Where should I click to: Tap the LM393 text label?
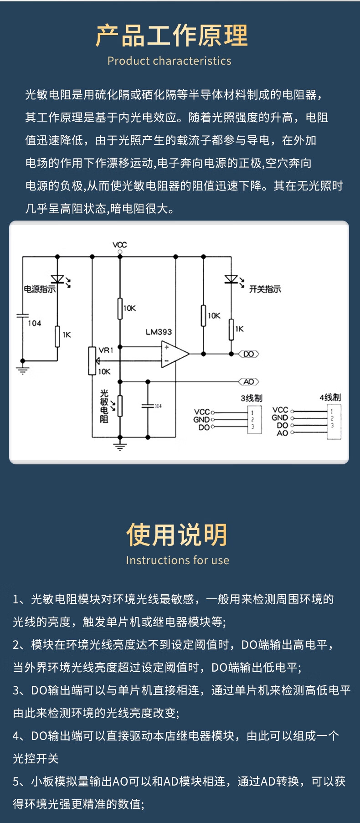(x=159, y=332)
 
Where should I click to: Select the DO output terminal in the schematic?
(x=248, y=354)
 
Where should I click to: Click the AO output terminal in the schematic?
(x=248, y=382)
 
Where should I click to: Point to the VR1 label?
(x=106, y=350)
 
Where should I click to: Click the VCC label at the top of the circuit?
(x=120, y=245)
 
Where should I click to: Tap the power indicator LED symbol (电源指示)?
(x=58, y=279)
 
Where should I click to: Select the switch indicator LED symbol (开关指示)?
(x=231, y=279)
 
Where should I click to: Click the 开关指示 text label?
(x=265, y=289)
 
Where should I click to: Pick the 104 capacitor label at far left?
(x=34, y=323)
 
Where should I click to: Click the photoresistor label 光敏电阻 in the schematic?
(x=104, y=406)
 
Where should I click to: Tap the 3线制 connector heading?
(x=252, y=398)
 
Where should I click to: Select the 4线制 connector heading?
(x=330, y=397)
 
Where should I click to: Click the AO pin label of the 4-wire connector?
(x=282, y=433)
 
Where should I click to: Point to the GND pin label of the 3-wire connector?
(x=201, y=419)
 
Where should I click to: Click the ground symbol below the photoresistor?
(x=120, y=445)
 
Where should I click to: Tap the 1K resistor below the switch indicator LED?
(x=231, y=329)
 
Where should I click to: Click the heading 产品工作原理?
(x=172, y=36)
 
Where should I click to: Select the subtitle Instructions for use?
(x=178, y=560)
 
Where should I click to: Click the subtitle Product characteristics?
(x=169, y=61)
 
